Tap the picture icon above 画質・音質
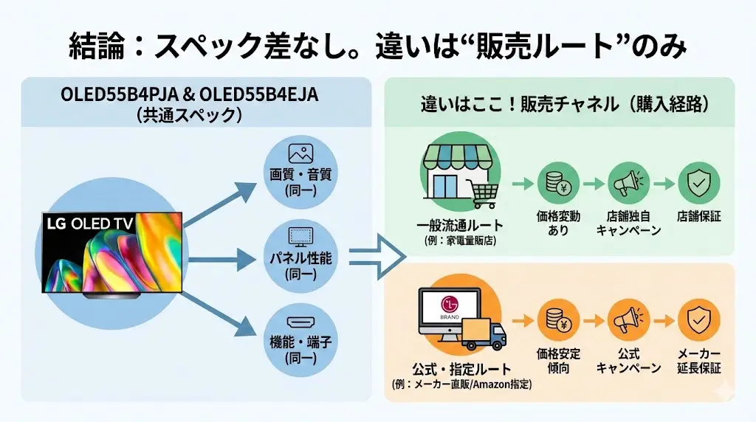click(300, 153)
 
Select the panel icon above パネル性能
click(300, 237)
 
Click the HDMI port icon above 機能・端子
click(300, 322)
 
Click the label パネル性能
click(300, 259)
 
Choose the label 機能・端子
click(300, 343)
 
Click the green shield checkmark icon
click(698, 183)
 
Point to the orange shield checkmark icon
click(698, 321)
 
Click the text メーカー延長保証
click(698, 361)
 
